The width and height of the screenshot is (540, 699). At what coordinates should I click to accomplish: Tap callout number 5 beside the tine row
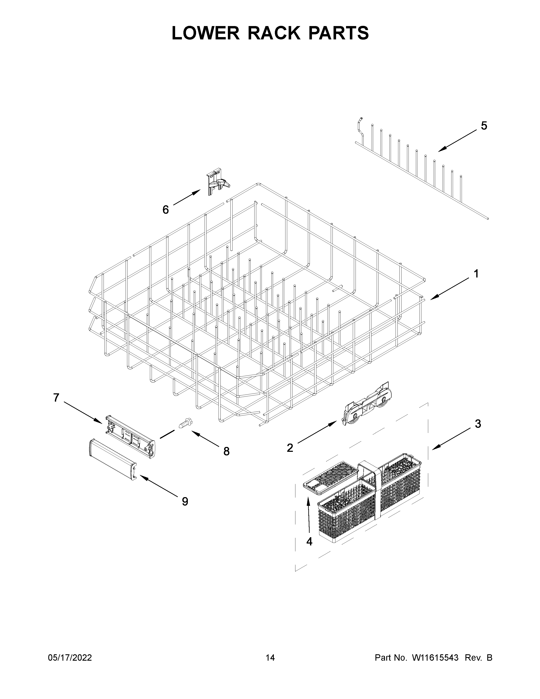coord(484,126)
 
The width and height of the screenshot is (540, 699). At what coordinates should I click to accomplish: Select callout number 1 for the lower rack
coord(476,274)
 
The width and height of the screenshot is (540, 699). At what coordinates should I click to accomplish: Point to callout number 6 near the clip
coord(165,210)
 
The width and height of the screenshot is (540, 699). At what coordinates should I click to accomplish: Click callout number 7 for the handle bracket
coord(56,398)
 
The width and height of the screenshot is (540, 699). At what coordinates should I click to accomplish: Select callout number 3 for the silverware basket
coord(478,424)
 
